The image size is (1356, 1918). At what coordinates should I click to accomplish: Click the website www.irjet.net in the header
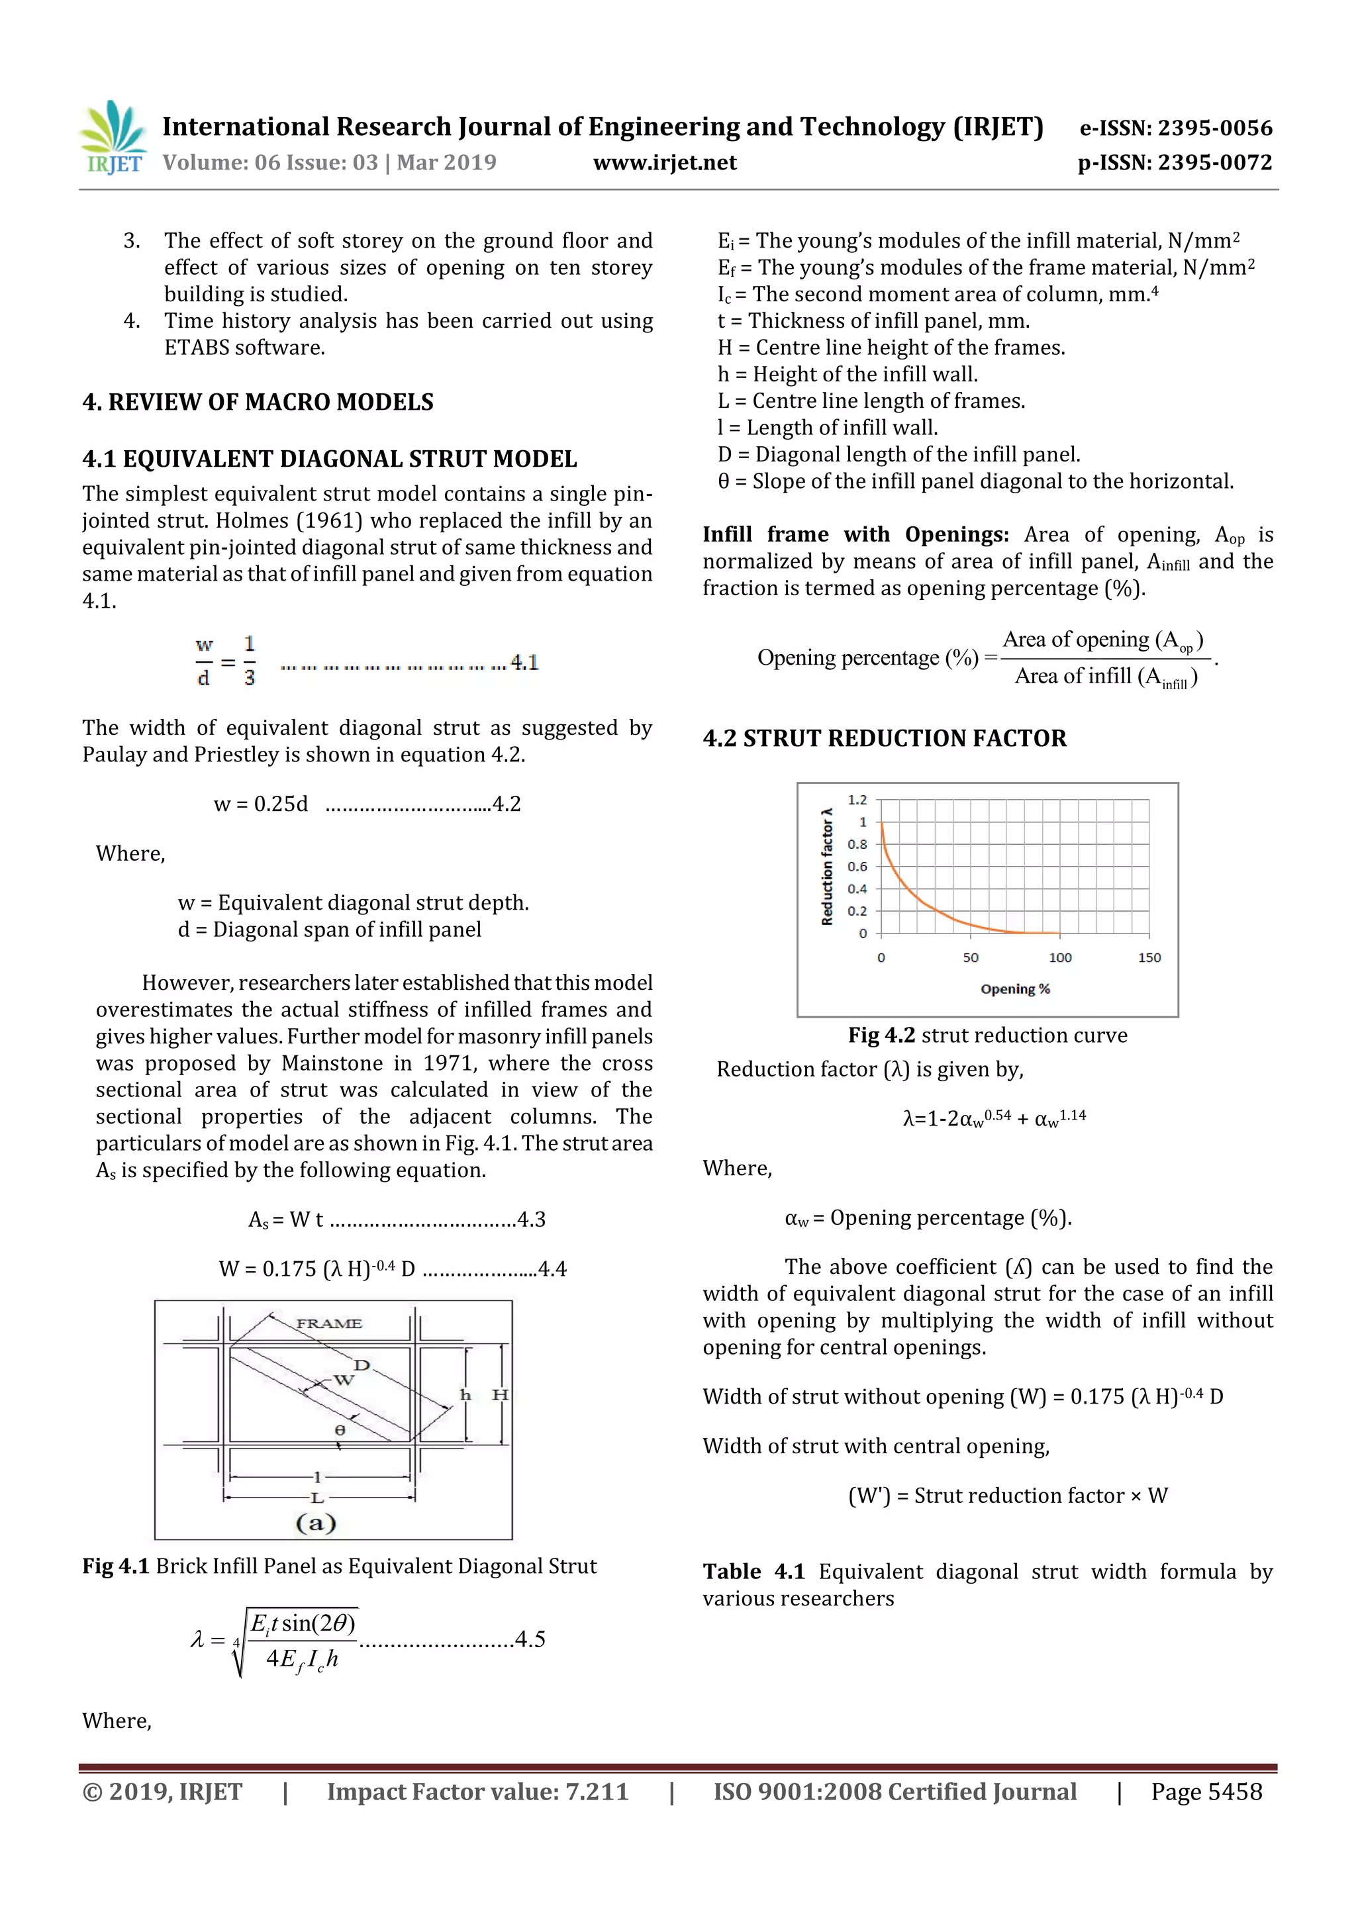pyautogui.click(x=664, y=162)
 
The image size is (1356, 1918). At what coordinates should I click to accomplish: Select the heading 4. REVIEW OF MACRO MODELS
pyautogui.click(x=258, y=402)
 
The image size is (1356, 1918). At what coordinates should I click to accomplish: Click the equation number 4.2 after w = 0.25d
pyautogui.click(x=507, y=804)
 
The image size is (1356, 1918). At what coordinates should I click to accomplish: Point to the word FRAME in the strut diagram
pyautogui.click(x=328, y=1323)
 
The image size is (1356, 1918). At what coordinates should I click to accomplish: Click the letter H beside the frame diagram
pyautogui.click(x=500, y=1394)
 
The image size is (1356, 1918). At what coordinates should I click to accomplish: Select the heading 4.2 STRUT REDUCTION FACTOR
pyautogui.click(x=884, y=738)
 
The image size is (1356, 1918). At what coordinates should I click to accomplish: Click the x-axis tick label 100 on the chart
pyautogui.click(x=1059, y=957)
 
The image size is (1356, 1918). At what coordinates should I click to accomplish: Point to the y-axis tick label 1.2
pyautogui.click(x=857, y=800)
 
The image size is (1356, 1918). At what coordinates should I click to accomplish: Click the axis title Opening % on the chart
pyautogui.click(x=1015, y=989)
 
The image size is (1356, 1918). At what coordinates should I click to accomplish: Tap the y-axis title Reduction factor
pyautogui.click(x=827, y=866)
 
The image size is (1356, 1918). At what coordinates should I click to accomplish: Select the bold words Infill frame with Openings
pyautogui.click(x=855, y=535)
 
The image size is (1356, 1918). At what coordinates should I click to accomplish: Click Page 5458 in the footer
pyautogui.click(x=1206, y=1791)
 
